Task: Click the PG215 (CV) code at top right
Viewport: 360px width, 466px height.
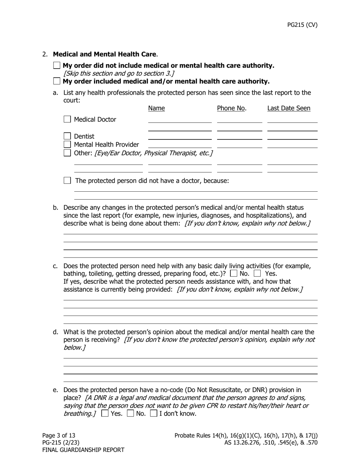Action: (302, 25)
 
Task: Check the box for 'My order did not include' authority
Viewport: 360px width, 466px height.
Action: (57, 66)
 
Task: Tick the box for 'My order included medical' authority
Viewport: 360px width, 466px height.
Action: (57, 81)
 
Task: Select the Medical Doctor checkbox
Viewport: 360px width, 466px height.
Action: (67, 119)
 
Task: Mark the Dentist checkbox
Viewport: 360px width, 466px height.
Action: (67, 136)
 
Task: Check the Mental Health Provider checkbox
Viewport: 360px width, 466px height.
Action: (67, 144)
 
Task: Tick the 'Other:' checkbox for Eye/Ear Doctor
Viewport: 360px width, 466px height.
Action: (67, 153)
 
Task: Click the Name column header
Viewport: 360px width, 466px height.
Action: (156, 108)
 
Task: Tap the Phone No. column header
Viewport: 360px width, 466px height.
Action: (232, 108)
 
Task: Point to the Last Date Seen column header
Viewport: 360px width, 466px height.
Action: (289, 108)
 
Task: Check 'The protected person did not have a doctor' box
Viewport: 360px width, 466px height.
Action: (67, 181)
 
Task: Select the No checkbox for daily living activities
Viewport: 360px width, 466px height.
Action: (233, 273)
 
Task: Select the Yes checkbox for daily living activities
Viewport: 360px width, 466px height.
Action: (257, 273)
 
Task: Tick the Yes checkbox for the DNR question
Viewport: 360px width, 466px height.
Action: (105, 413)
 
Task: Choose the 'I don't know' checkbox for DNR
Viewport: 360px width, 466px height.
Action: (153, 413)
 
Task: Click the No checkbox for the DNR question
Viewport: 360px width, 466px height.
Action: (130, 413)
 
